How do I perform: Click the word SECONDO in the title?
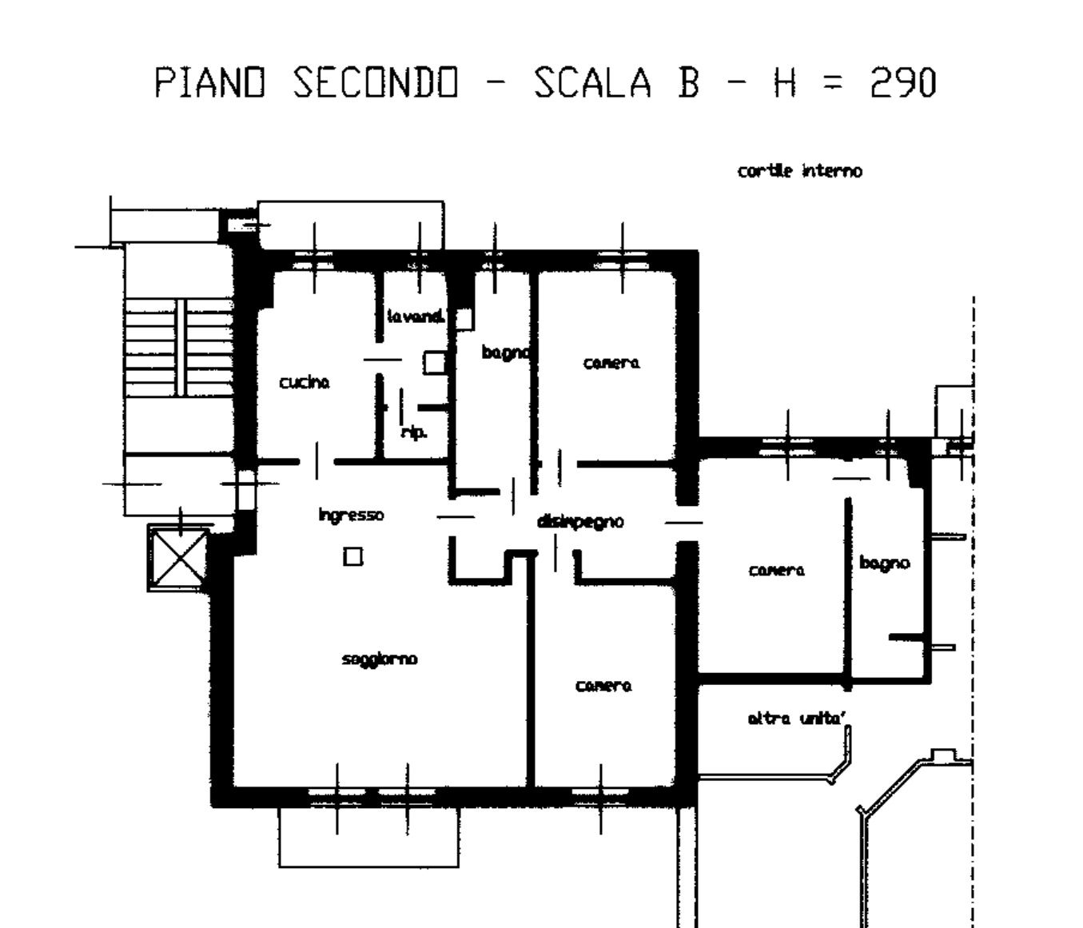point(375,83)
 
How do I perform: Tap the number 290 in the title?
point(903,83)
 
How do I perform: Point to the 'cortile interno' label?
point(799,171)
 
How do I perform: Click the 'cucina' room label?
point(305,383)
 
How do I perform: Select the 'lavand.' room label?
point(416,316)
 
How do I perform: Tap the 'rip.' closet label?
point(415,432)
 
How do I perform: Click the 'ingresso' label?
point(351,515)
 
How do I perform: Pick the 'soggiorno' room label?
point(380,659)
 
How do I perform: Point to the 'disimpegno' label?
point(580,522)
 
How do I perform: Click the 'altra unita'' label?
point(796,719)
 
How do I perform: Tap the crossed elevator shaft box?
point(179,558)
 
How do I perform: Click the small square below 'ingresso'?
point(353,556)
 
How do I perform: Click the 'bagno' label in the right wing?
point(885,564)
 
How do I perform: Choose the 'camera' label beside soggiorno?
point(603,686)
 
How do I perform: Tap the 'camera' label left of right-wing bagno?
point(777,570)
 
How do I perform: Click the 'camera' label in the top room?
point(611,363)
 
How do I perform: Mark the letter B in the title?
point(688,83)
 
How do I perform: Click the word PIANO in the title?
point(210,83)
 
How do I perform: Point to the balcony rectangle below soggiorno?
point(368,837)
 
